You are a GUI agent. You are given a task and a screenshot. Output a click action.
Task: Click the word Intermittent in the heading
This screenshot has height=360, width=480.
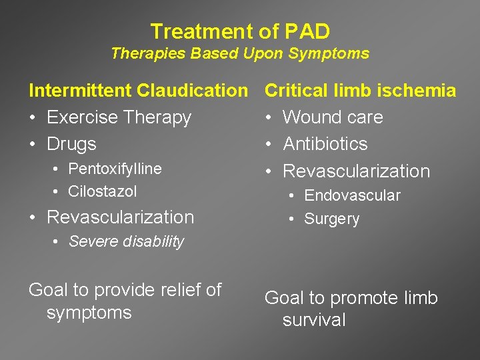(80, 91)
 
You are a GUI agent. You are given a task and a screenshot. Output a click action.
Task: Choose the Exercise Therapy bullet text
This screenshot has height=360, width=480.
(119, 117)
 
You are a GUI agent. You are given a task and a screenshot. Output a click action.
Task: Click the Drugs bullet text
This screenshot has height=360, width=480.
(71, 144)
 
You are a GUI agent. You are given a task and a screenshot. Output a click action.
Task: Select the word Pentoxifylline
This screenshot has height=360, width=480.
(115, 169)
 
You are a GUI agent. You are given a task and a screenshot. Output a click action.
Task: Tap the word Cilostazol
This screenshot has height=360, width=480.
(103, 192)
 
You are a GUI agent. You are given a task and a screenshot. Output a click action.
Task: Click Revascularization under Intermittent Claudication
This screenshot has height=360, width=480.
(120, 217)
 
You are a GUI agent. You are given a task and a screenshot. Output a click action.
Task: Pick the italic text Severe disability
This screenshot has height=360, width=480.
(126, 242)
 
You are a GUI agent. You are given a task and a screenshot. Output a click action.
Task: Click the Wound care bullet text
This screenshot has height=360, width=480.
(333, 117)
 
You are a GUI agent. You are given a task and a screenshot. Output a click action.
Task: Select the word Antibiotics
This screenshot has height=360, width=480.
(325, 144)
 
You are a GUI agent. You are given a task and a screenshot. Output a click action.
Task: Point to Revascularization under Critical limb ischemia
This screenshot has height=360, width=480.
(357, 171)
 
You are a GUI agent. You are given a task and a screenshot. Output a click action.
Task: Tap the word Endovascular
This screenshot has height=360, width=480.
(352, 196)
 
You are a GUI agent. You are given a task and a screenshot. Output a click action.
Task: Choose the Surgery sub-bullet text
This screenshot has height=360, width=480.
(331, 219)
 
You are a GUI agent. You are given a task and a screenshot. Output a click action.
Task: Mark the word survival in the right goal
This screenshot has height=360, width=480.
(314, 320)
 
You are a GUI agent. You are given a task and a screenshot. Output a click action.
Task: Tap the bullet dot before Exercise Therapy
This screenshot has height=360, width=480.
(33, 118)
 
